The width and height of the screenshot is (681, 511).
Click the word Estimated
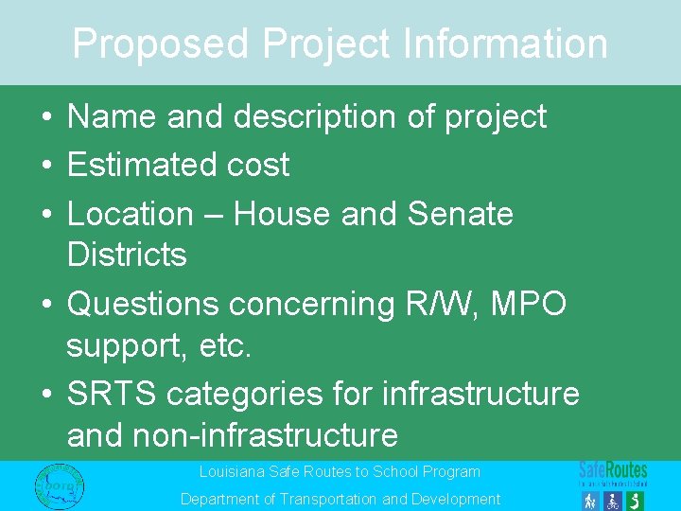pos(142,165)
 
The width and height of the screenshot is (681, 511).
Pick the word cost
pos(258,165)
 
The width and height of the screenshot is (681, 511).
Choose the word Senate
pos(461,214)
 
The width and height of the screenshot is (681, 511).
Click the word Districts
pos(127,255)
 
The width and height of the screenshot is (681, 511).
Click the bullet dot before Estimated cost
pos(45,166)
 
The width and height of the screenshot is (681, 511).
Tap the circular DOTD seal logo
pos(59,485)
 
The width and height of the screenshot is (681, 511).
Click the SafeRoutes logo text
pos(613,469)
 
